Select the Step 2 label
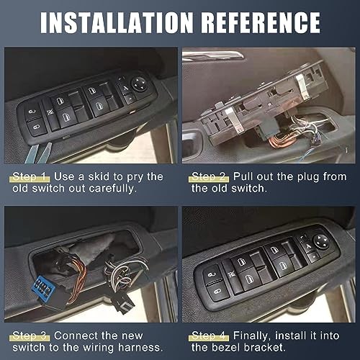click(x=208, y=176)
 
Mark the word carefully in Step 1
click(x=120, y=189)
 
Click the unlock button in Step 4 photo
click(x=213, y=274)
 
